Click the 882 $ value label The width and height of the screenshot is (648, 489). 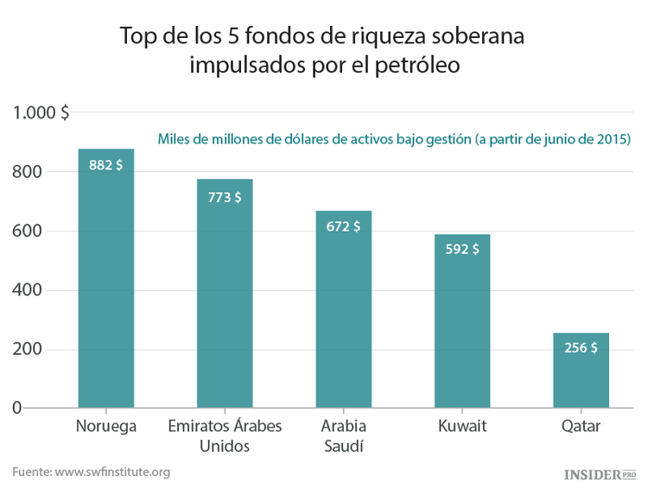[106, 165]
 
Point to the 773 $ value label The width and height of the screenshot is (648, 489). [225, 197]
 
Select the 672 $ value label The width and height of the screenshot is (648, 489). [343, 226]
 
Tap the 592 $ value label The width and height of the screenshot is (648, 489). [462, 250]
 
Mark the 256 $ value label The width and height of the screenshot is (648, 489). [581, 348]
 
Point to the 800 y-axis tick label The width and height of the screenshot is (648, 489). [28, 172]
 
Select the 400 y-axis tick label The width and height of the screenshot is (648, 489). [28, 290]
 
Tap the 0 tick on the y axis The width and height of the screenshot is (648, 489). [16, 408]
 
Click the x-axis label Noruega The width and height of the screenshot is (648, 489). [106, 427]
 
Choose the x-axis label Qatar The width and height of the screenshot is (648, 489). [581, 427]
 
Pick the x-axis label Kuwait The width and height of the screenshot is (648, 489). [462, 427]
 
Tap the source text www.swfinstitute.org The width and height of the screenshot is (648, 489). [112, 472]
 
